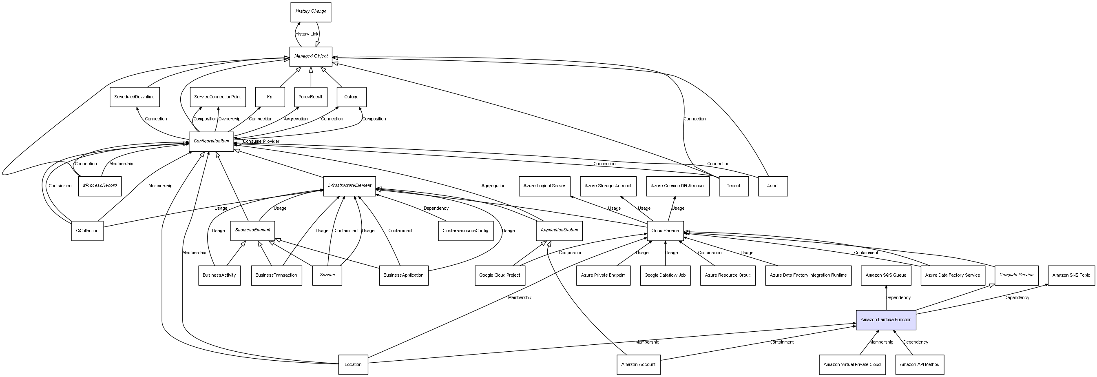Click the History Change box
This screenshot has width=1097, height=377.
[x=310, y=12]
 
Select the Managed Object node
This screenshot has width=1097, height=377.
[x=310, y=57]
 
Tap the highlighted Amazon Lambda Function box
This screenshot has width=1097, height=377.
[x=886, y=320]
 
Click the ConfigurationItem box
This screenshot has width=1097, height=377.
[x=211, y=142]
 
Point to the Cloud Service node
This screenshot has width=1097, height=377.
[x=665, y=231]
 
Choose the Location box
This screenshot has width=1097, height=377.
[x=353, y=365]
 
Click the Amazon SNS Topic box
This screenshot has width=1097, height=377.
[x=1071, y=275]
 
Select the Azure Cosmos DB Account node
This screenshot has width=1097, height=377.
[x=677, y=186]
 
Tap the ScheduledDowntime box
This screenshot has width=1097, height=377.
[x=135, y=97]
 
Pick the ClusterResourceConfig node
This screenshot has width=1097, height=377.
[x=465, y=231]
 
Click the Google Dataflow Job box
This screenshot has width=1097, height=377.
[x=665, y=275]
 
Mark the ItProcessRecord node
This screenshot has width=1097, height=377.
[x=100, y=186]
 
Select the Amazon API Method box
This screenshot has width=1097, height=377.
[x=920, y=365]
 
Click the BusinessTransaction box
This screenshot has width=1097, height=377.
[x=276, y=275]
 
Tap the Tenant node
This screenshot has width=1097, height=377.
[x=733, y=186]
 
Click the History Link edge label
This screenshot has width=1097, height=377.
[x=307, y=34]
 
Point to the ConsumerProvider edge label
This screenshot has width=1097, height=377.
[x=261, y=142]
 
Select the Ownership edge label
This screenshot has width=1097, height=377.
[x=229, y=119]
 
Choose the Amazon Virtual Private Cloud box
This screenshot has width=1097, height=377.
[x=852, y=365]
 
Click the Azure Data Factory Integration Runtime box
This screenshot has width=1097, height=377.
[x=808, y=275]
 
